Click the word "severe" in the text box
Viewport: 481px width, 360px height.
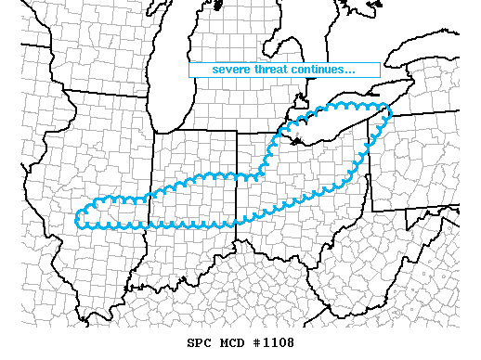click(231, 70)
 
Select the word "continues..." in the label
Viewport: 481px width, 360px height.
click(324, 70)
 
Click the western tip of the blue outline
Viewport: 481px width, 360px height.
click(78, 219)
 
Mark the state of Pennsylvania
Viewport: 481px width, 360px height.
click(427, 158)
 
